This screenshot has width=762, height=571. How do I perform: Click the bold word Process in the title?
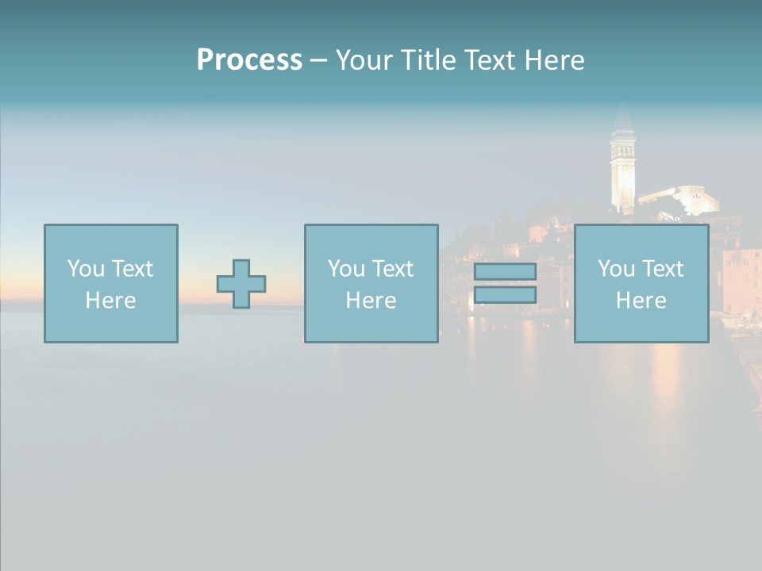pyautogui.click(x=249, y=60)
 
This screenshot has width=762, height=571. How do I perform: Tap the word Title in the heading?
pyautogui.click(x=427, y=60)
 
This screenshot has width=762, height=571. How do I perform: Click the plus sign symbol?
pyautogui.click(x=241, y=284)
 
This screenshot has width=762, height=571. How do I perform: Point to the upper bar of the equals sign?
pyautogui.click(x=505, y=272)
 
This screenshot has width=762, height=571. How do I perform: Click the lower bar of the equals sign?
pyautogui.click(x=505, y=295)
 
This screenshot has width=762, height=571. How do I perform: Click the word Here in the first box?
pyautogui.click(x=110, y=301)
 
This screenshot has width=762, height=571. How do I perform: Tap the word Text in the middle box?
pyautogui.click(x=391, y=269)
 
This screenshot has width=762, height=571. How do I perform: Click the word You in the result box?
pyautogui.click(x=617, y=269)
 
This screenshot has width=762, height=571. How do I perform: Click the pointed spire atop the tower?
pyautogui.click(x=623, y=119)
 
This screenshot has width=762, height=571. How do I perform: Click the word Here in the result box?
pyautogui.click(x=641, y=301)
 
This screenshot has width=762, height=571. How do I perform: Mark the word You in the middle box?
pyautogui.click(x=346, y=269)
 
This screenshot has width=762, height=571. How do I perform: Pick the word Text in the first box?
pyautogui.click(x=131, y=269)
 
